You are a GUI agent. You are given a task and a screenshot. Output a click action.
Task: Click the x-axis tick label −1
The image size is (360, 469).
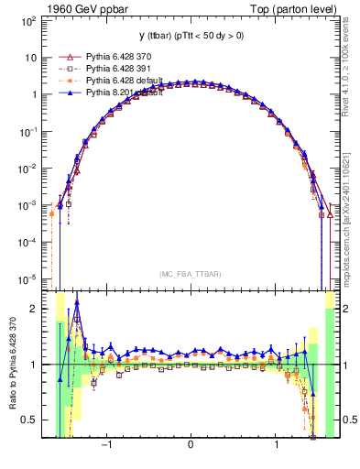(107, 446)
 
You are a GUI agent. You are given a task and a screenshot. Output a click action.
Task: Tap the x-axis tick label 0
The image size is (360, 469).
(190, 446)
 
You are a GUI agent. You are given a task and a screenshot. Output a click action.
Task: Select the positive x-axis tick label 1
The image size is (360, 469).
(276, 446)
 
